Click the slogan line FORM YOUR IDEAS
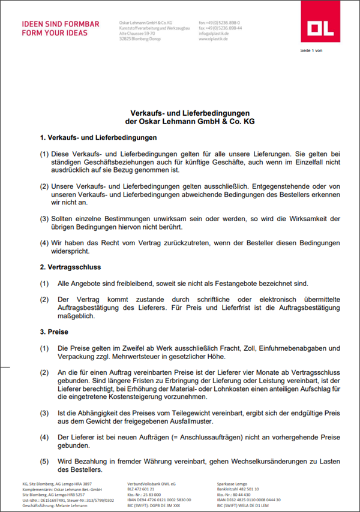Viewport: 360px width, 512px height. click(54, 33)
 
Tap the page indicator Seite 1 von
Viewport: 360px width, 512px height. click(311, 50)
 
